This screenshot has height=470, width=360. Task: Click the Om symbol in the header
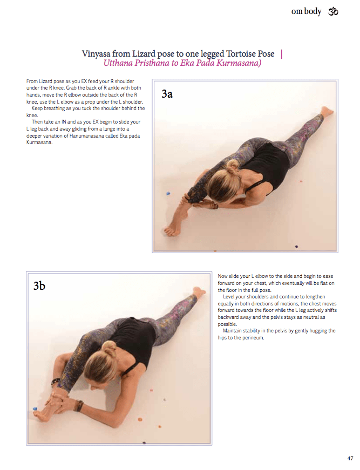click(333, 11)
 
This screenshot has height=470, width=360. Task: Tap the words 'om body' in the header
click(306, 11)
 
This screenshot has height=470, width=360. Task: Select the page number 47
click(350, 459)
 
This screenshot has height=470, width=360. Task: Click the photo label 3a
click(167, 94)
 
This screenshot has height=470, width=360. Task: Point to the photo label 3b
click(39, 286)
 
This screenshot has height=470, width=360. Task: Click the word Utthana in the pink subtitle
click(120, 63)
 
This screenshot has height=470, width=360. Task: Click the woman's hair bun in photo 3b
click(109, 346)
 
